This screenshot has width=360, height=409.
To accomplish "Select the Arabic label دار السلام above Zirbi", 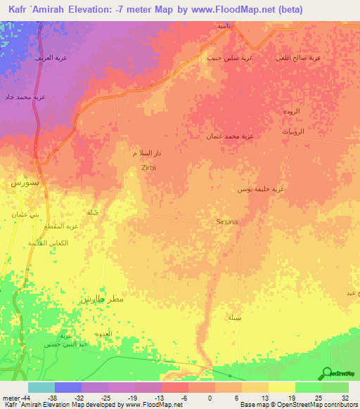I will tap(145, 152).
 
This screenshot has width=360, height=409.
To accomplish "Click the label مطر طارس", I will tap(102, 299).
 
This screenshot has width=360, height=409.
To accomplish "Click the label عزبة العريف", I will tap(51, 58).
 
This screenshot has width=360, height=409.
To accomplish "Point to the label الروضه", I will tap(292, 111).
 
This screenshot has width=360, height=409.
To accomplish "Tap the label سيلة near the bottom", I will tap(235, 318).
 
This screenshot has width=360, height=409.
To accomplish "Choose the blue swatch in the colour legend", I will tap(67, 387).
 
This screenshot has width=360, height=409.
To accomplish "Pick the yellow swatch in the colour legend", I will tap(281, 387).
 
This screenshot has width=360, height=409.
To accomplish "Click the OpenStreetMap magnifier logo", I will tap(326, 373).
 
